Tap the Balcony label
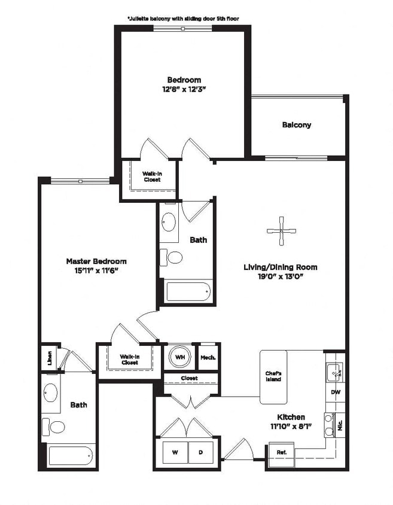(x=297, y=125)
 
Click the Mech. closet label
(x=208, y=357)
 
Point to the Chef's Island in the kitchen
(x=273, y=376)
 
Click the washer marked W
(x=175, y=452)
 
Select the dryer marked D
(x=202, y=452)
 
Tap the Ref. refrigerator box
(x=281, y=452)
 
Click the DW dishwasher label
(x=335, y=393)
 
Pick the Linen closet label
(x=49, y=358)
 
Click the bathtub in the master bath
(x=71, y=457)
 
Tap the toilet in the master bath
(x=57, y=427)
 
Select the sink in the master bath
(x=51, y=394)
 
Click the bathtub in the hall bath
(x=188, y=291)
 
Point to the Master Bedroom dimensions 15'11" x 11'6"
(x=96, y=270)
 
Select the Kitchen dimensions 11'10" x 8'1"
(x=291, y=426)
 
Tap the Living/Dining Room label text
(x=280, y=267)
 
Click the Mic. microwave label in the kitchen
(x=340, y=427)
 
